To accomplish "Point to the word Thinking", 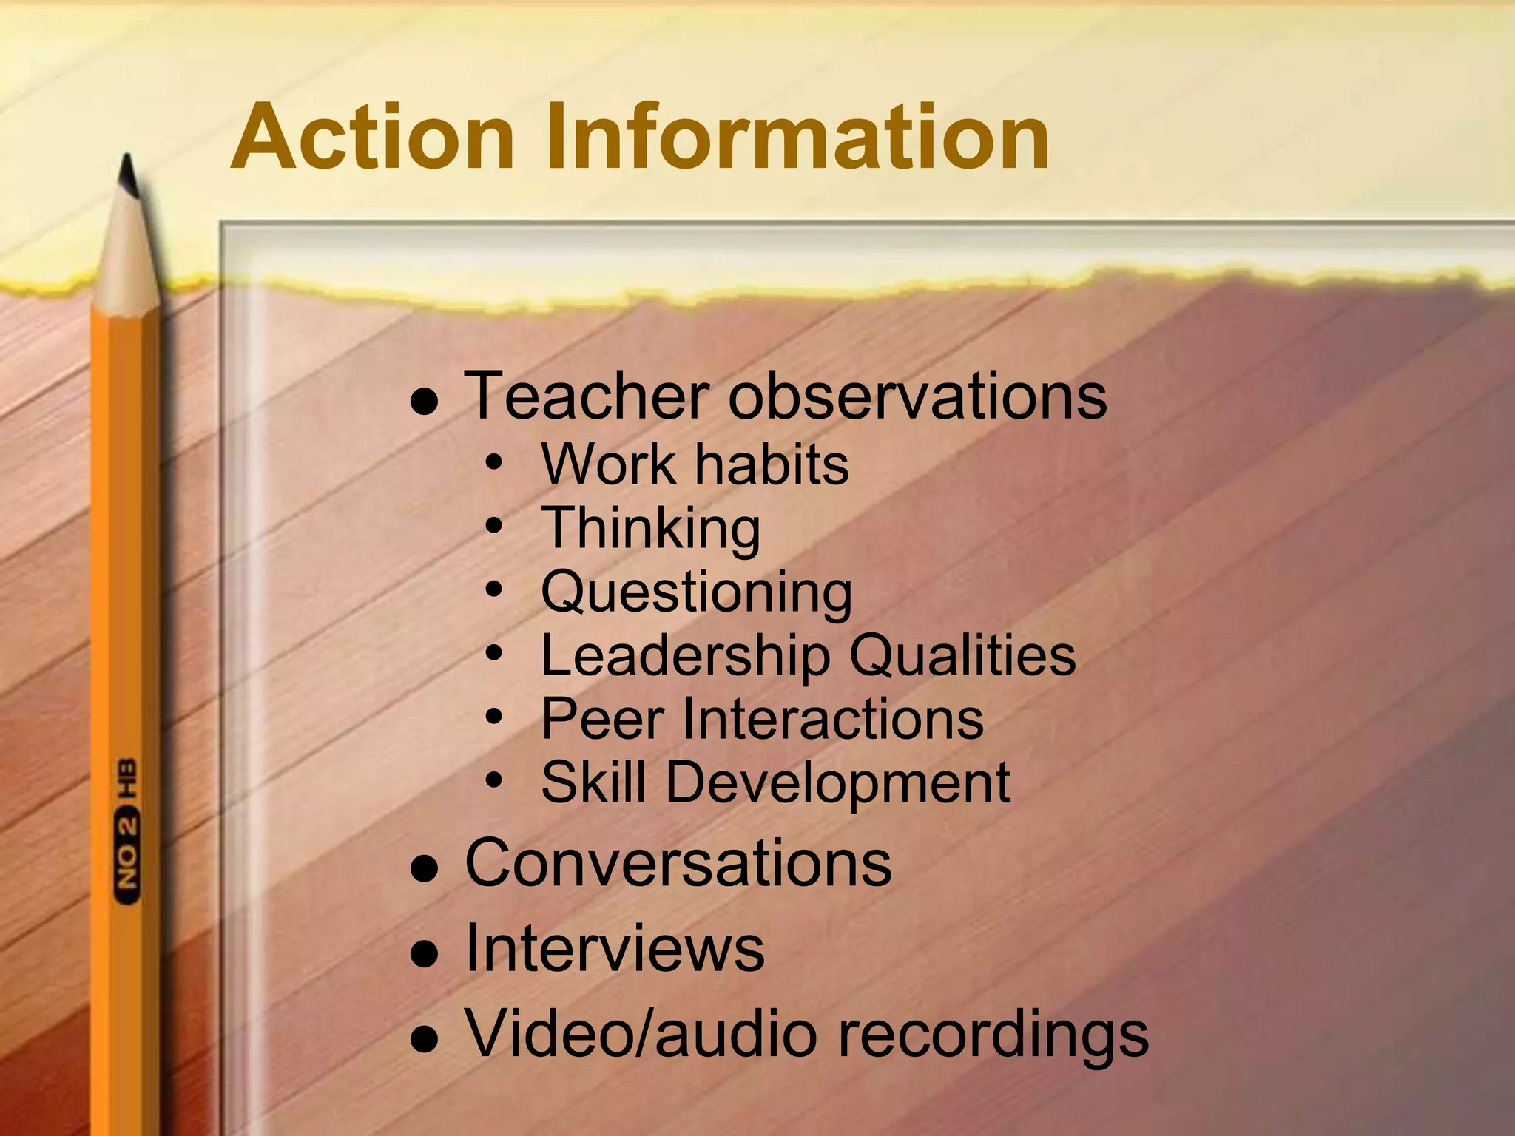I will tap(650, 530).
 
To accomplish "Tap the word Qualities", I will tap(962, 655).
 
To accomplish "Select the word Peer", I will tap(602, 719).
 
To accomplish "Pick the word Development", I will tap(837, 782).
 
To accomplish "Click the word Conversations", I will tap(678, 863).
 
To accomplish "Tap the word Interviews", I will tap(614, 949).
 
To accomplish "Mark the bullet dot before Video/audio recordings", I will tap(425, 1039).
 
